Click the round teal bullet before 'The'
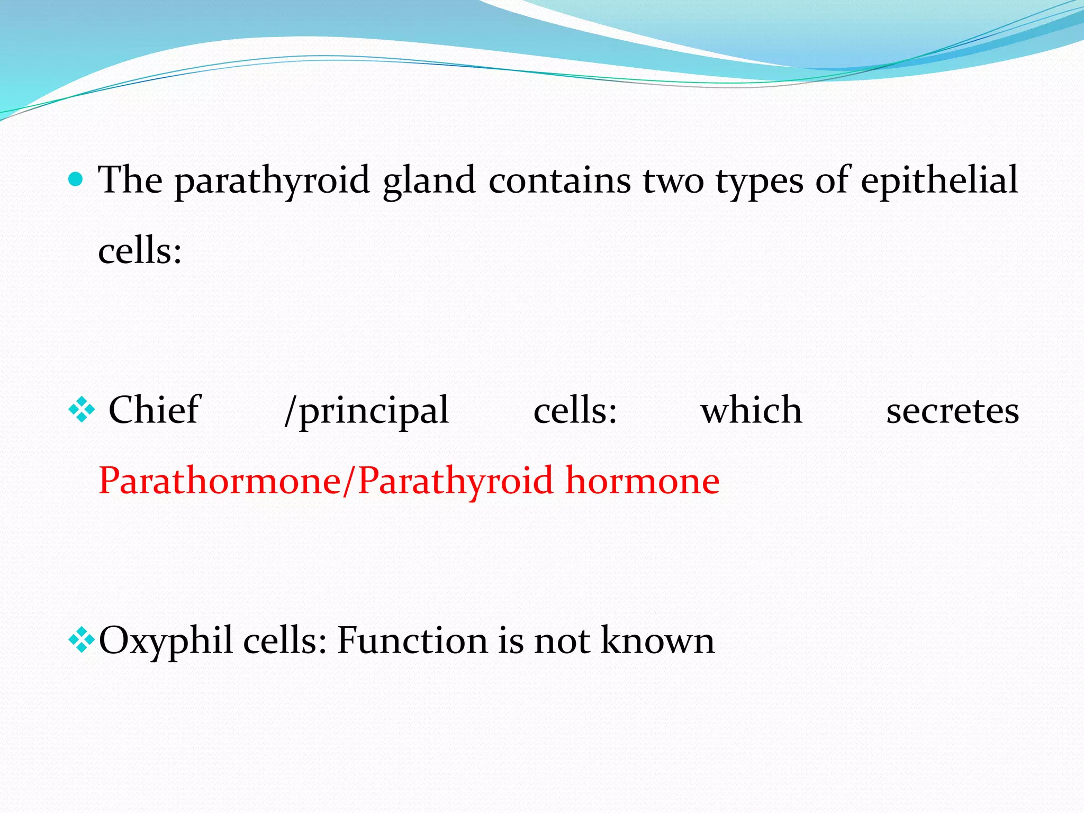pyautogui.click(x=76, y=180)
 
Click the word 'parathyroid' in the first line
pyautogui.click(x=272, y=181)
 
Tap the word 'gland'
pyautogui.click(x=429, y=181)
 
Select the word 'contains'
pyautogui.click(x=559, y=181)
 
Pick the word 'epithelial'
pyautogui.click(x=939, y=181)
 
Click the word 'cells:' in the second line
pyautogui.click(x=140, y=250)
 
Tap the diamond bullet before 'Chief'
pyautogui.click(x=82, y=410)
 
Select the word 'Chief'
pyautogui.click(x=154, y=410)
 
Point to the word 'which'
pyautogui.click(x=751, y=410)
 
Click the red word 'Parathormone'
pyautogui.click(x=220, y=481)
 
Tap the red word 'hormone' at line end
pyautogui.click(x=642, y=481)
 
